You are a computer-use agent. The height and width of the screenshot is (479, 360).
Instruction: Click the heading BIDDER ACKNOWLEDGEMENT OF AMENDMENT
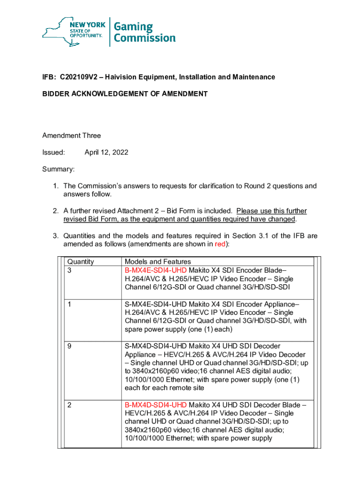(x=125, y=94)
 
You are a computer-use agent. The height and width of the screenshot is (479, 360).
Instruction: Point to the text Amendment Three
(x=72, y=136)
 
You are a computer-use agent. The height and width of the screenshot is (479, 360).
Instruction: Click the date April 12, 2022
(x=106, y=152)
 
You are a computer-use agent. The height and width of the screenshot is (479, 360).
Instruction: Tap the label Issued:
(x=53, y=152)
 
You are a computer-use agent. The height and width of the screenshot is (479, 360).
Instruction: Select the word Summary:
(x=58, y=169)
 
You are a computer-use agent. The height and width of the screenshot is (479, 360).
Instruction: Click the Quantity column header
(x=81, y=262)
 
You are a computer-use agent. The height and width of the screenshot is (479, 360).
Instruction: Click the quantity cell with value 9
(x=70, y=346)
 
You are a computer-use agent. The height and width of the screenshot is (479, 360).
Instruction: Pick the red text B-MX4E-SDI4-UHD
(x=156, y=270)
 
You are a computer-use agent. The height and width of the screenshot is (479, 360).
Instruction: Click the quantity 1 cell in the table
(x=70, y=304)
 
